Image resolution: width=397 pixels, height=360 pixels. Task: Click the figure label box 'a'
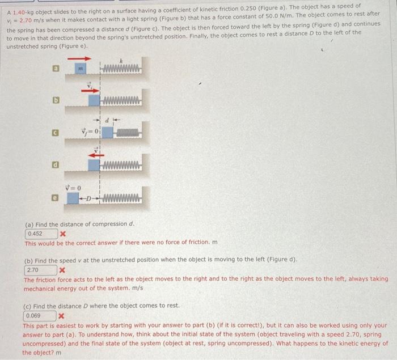click(x=56, y=69)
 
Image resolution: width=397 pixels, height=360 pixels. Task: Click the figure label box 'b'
click(x=56, y=100)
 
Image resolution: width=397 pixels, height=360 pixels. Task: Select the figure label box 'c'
click(x=56, y=133)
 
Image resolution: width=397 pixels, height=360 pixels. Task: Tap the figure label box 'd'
click(x=56, y=165)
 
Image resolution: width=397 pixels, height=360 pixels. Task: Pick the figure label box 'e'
click(x=55, y=198)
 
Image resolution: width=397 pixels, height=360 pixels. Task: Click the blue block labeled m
click(x=81, y=69)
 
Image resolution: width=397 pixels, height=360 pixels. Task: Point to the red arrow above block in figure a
click(x=79, y=59)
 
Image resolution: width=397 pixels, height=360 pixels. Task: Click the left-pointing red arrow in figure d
click(x=96, y=155)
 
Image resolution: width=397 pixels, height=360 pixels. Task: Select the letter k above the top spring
click(x=121, y=61)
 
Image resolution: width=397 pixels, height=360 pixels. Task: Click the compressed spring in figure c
click(x=128, y=133)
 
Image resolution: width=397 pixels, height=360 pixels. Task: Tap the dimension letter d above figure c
click(x=107, y=120)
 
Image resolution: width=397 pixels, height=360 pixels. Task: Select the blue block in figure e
click(x=73, y=198)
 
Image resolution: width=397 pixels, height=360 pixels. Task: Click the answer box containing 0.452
click(x=41, y=234)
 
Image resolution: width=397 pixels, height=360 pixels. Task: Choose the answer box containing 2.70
click(x=40, y=270)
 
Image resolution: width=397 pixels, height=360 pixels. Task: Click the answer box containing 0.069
click(x=40, y=316)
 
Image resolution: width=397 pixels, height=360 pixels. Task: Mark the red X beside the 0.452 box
click(x=63, y=234)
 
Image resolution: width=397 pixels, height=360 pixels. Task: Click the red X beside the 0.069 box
click(x=61, y=316)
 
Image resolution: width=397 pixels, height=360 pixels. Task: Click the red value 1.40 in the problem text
click(x=19, y=12)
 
